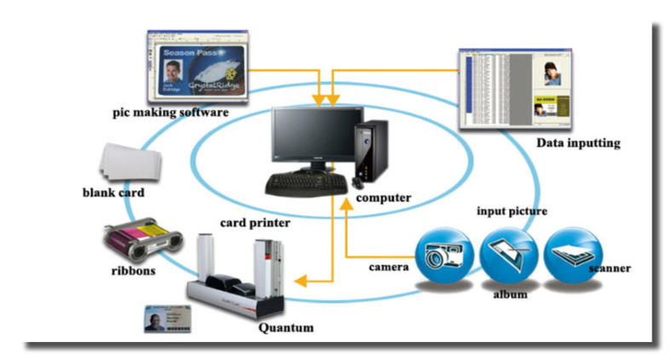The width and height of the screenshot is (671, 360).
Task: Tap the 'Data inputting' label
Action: (577, 142)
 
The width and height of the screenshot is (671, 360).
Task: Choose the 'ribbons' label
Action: (139, 271)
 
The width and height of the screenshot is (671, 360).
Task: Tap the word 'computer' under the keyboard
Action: (384, 198)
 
